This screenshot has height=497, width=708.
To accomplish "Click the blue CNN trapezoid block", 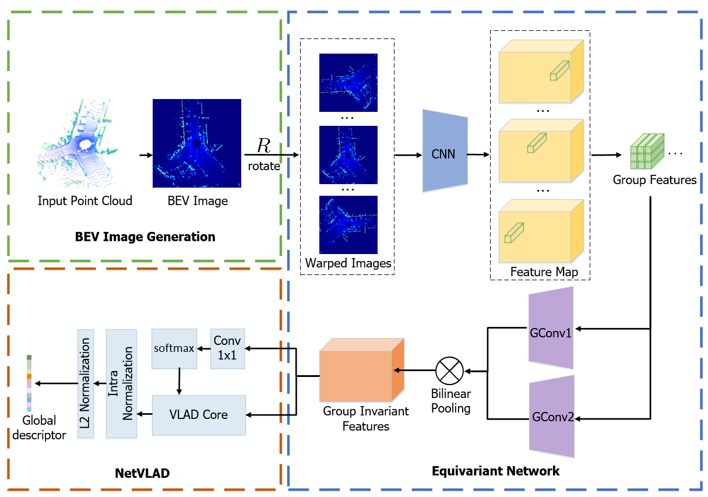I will coord(445,154).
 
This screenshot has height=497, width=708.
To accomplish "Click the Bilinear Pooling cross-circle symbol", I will coord(449,371).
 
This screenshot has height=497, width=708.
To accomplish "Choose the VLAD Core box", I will coord(198,415).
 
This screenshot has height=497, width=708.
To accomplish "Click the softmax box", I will coord(173,348).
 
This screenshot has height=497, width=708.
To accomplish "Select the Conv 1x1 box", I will coord(227,348).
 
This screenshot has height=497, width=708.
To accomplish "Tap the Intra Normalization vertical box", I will coord(121,383).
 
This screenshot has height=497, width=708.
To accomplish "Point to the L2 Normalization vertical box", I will coord(86,383).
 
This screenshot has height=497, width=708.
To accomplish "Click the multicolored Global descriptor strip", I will coord(29,383).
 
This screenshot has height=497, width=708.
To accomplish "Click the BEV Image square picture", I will coord(197,143).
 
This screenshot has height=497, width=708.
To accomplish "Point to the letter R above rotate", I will coord(263,146).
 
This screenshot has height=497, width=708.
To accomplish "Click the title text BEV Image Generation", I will coord(145,237).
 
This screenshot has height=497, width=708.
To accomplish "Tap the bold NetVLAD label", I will coord(142,473).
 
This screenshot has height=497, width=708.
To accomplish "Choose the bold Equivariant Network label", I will coord(495,471).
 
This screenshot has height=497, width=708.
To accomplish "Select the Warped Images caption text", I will coord(348,263).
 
